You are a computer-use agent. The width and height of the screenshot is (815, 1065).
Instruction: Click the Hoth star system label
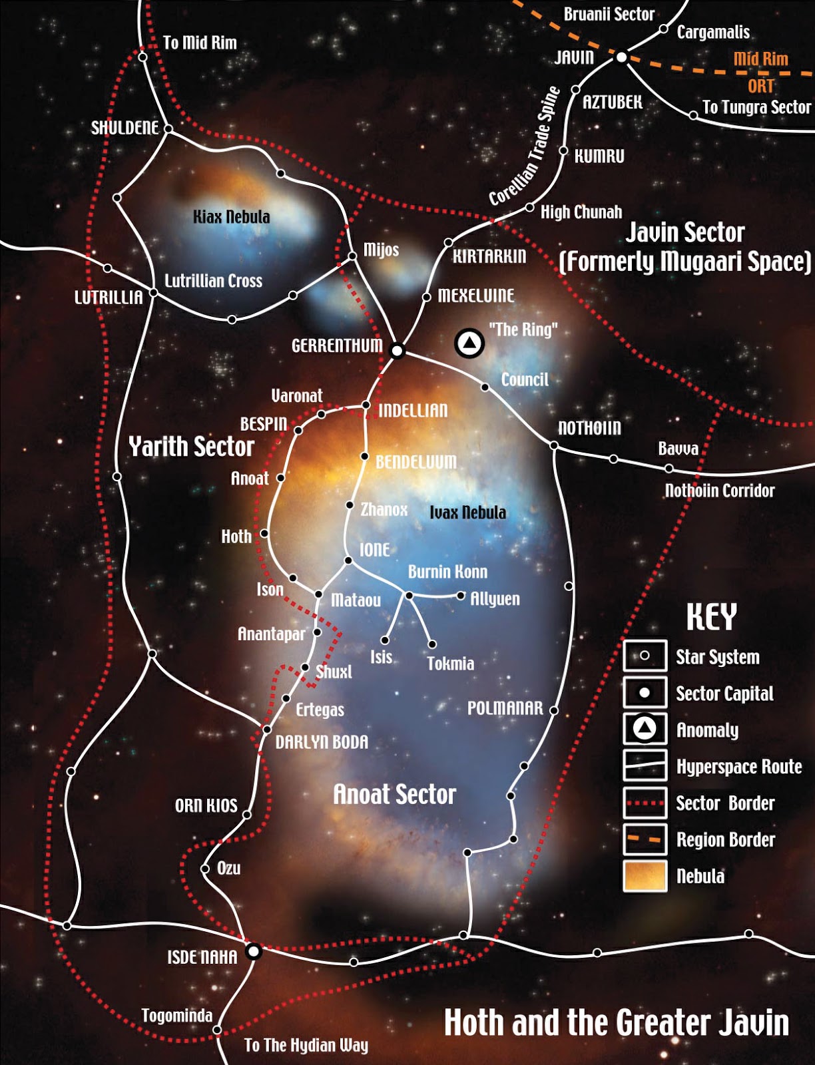236,536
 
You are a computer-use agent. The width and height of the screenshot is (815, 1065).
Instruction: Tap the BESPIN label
264,424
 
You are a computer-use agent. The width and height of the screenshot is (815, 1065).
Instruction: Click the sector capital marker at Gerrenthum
397,350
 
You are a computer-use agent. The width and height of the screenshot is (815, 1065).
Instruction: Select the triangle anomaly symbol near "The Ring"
469,343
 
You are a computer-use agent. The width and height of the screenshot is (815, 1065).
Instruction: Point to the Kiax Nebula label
231,217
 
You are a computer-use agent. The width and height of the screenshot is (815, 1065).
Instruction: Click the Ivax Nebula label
467,513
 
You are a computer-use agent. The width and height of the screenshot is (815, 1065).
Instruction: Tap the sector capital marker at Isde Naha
253,951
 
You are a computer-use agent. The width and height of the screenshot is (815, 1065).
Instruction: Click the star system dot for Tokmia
432,644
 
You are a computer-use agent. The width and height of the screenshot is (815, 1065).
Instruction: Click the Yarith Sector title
191,447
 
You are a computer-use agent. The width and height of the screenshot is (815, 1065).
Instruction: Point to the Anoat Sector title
394,794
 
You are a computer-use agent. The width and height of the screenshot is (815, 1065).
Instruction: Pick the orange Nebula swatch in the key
645,876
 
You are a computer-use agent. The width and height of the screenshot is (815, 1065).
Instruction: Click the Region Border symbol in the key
645,839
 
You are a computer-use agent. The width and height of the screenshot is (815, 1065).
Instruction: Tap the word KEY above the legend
711,617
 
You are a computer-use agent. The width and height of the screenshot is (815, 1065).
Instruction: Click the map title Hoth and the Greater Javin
616,1023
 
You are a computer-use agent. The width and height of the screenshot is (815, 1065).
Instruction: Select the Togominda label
176,1016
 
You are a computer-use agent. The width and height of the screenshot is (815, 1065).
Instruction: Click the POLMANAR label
505,708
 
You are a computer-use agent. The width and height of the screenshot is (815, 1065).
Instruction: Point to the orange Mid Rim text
760,59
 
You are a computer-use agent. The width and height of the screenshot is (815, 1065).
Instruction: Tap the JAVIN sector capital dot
621,58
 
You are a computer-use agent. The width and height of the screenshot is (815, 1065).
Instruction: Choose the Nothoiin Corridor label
720,491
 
